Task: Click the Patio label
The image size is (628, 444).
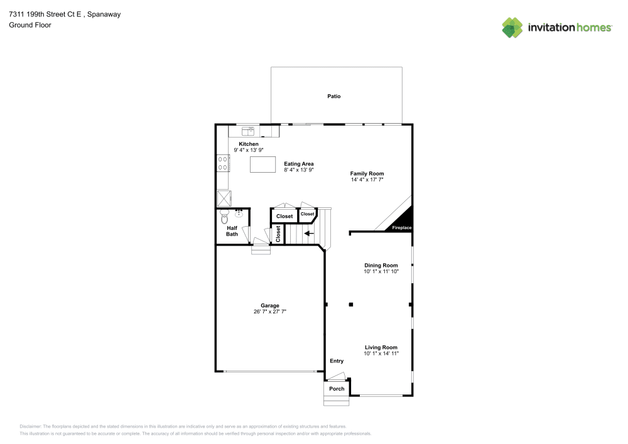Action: tap(333, 96)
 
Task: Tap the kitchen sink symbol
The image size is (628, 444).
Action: tap(248, 131)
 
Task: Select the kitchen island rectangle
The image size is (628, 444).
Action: tap(263, 165)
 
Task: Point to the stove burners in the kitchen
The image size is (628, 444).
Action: tap(223, 163)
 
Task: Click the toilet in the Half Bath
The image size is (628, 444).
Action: tap(224, 217)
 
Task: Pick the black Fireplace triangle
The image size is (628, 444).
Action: tap(402, 222)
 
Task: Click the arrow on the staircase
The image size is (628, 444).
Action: tap(309, 234)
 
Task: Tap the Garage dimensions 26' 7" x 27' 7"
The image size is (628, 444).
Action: tap(269, 311)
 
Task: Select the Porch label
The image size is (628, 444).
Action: tap(337, 389)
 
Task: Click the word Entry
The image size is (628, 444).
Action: tap(337, 360)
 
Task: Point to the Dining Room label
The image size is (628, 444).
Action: tap(381, 265)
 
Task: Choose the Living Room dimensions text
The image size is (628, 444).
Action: tap(381, 354)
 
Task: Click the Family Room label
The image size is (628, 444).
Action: tap(367, 173)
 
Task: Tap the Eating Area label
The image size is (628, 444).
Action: tap(299, 164)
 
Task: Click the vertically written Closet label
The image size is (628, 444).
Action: tap(278, 234)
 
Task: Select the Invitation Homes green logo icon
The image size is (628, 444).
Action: tap(512, 28)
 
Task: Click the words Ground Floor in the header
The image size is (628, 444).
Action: tap(30, 25)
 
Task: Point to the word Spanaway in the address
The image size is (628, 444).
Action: tap(104, 14)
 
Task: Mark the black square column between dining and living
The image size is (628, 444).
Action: tap(351, 305)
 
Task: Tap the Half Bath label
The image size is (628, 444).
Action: tap(232, 231)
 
